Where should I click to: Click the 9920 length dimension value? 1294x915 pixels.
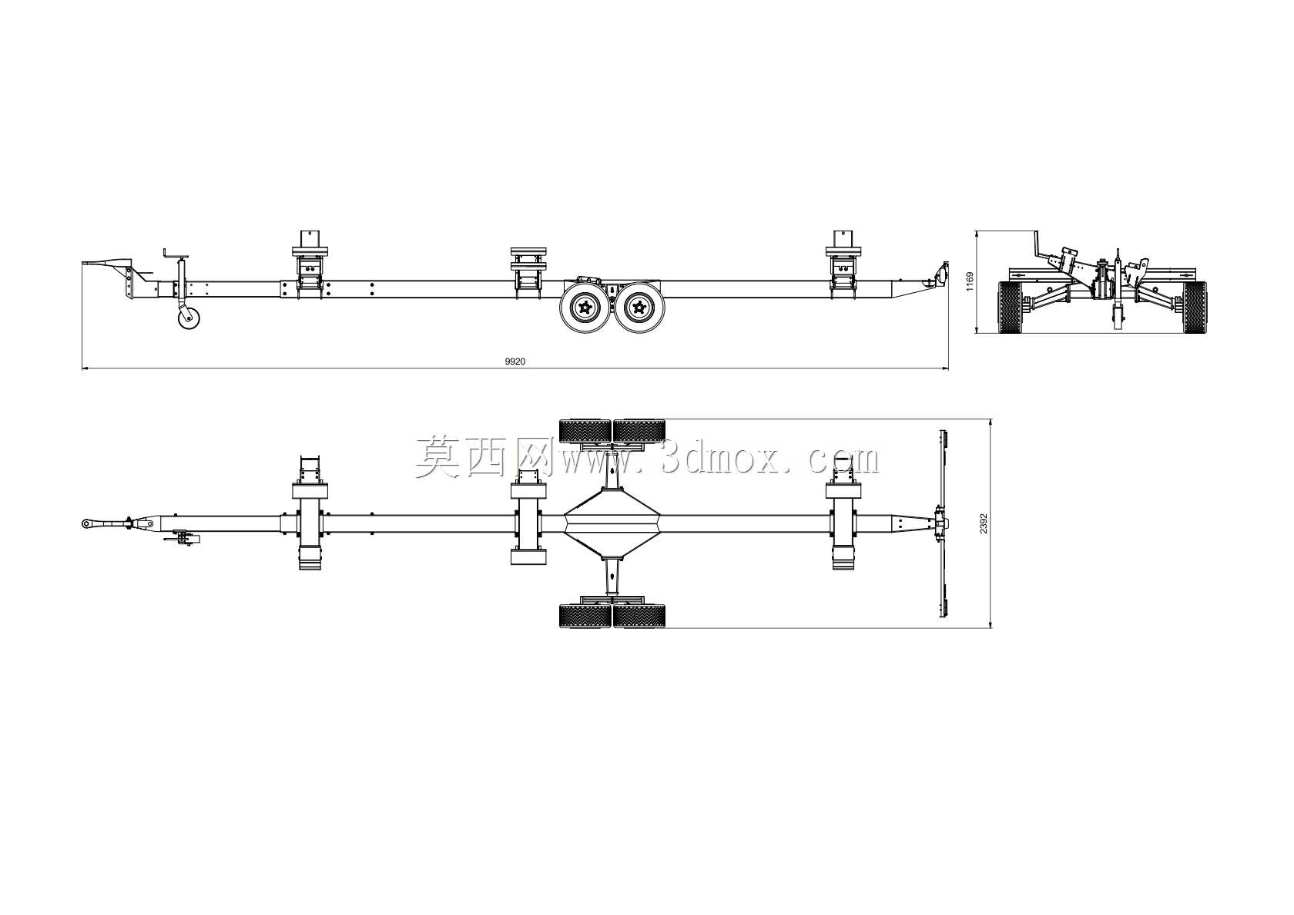click(515, 362)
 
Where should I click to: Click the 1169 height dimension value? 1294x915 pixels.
click(970, 281)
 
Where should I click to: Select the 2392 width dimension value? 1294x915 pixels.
click(984, 523)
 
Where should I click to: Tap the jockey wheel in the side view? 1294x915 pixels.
click(189, 318)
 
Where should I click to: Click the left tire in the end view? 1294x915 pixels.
click(1010, 308)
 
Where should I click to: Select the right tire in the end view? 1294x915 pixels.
click(1195, 308)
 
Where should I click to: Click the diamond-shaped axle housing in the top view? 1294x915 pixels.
click(612, 523)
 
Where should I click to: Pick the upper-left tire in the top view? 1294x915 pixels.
click(585, 431)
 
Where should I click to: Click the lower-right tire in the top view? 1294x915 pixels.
click(639, 616)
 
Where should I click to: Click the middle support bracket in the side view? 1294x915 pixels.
click(528, 274)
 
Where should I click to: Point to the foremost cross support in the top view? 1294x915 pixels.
click(310, 513)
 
